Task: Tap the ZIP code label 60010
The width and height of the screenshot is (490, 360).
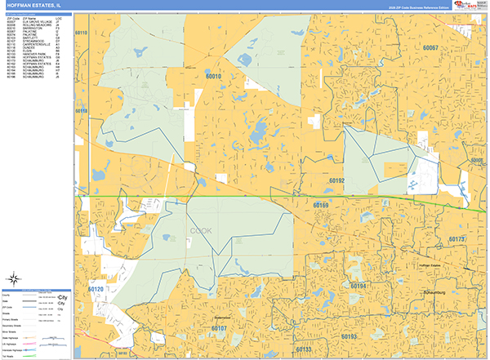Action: pos(214,76)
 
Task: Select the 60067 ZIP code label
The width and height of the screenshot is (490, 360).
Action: pos(430,48)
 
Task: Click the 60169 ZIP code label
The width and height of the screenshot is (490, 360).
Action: pos(320,205)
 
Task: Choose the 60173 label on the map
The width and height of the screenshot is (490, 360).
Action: pos(457,239)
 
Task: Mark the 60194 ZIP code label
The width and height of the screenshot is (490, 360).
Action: pos(358,286)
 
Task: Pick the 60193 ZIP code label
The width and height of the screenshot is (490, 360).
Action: pos(349,336)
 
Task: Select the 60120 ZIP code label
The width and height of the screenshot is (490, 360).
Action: pos(96,289)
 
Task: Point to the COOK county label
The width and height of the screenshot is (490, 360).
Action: pos(201,231)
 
